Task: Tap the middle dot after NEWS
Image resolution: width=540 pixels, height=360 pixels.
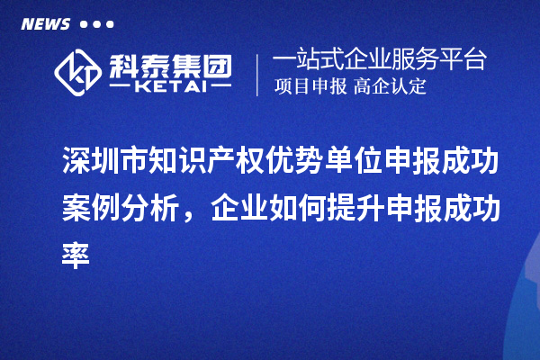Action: [x=96, y=25]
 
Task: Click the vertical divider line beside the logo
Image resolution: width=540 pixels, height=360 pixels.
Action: [x=258, y=71]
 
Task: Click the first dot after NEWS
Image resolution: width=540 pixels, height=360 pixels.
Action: [x=85, y=25]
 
